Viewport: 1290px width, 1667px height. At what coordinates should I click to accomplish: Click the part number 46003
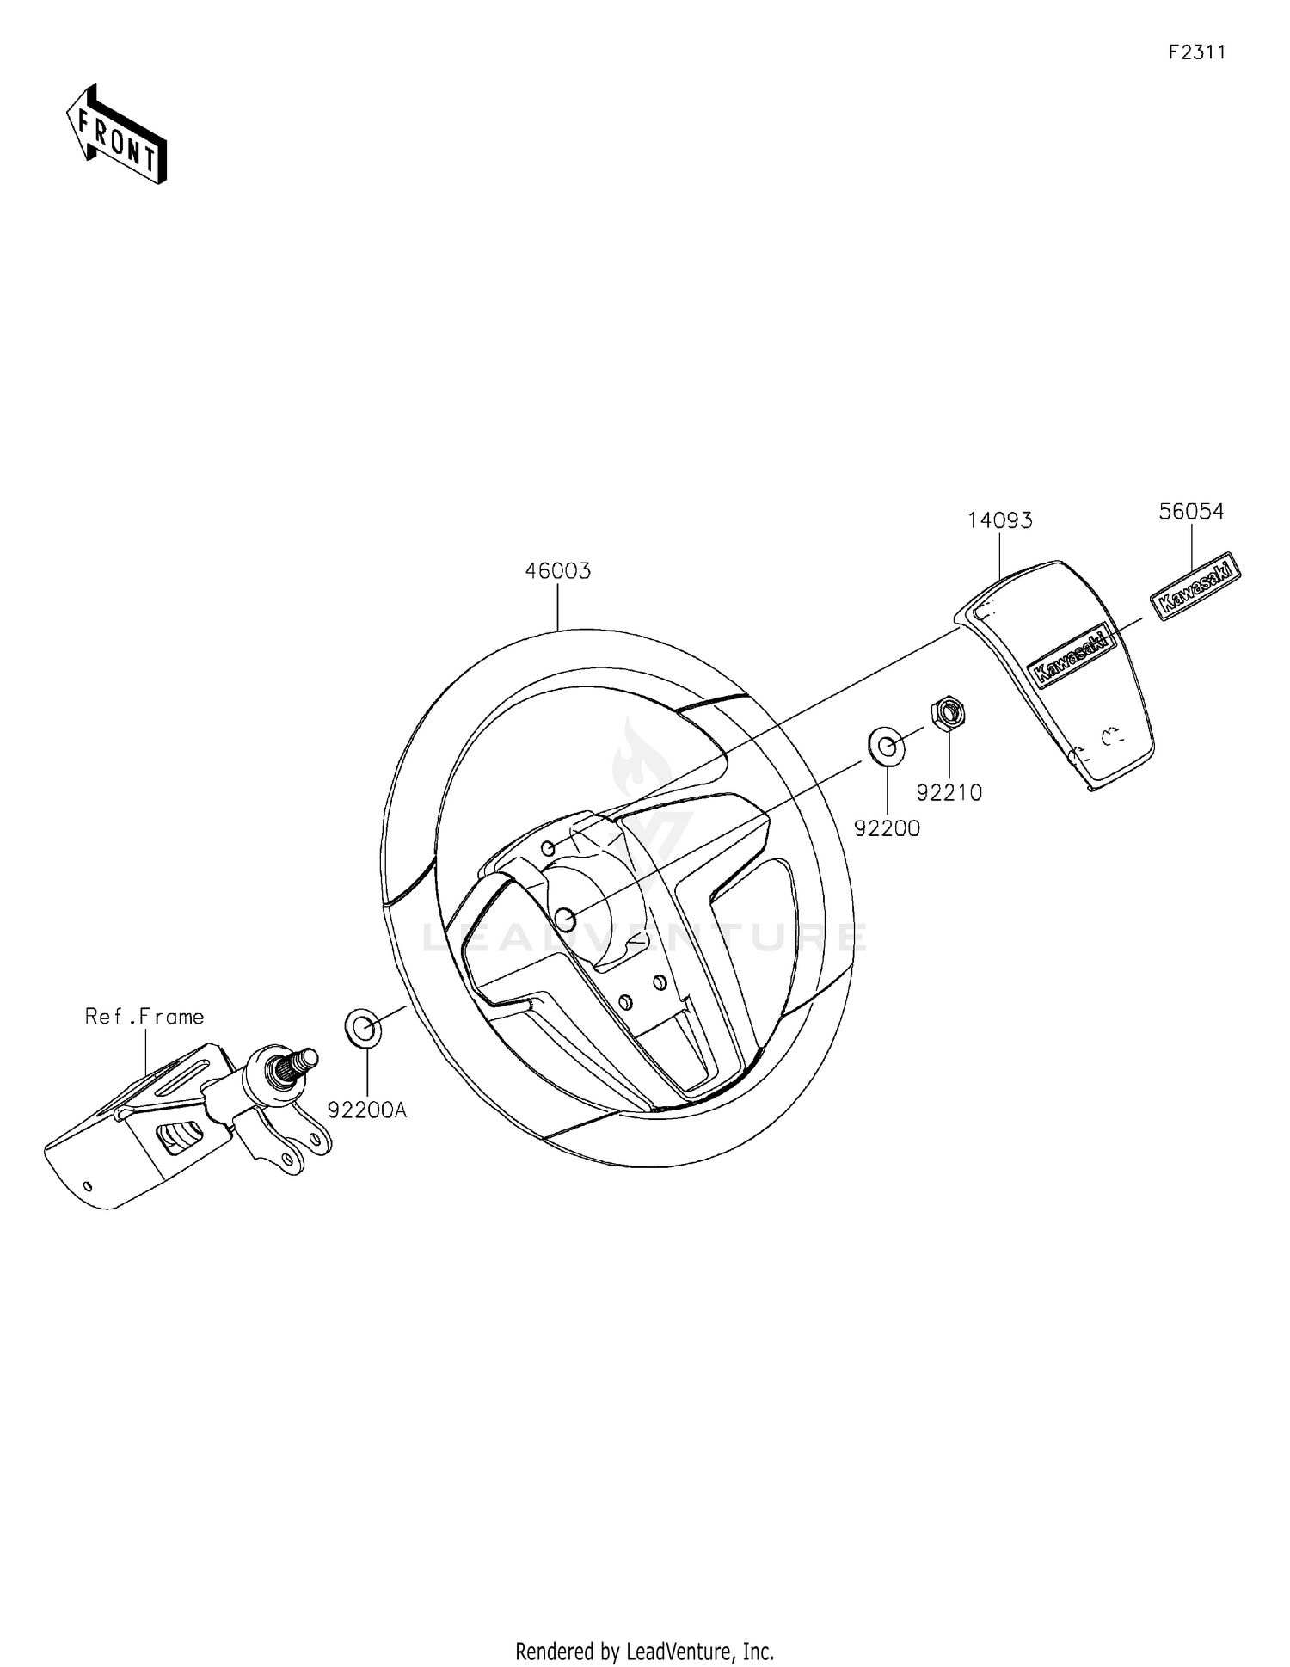[x=558, y=571]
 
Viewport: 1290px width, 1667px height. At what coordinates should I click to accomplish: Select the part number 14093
[x=999, y=520]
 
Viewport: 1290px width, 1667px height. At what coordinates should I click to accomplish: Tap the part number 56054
[x=1190, y=511]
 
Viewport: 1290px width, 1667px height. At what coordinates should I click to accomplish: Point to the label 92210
[x=949, y=792]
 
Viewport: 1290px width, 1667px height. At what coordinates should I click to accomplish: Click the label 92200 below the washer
[x=887, y=828]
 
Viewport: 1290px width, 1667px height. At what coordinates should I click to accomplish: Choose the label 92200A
[x=367, y=1110]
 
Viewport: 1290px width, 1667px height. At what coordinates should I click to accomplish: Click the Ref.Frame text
[x=144, y=1017]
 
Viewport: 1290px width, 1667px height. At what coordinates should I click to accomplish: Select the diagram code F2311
[x=1196, y=52]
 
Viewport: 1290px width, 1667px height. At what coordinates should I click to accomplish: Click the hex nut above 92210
[x=948, y=713]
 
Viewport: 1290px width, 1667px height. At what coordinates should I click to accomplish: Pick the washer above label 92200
[x=887, y=746]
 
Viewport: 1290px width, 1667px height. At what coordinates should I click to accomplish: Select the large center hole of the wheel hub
[x=565, y=920]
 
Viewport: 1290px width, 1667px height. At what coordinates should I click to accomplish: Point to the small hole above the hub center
[x=547, y=849]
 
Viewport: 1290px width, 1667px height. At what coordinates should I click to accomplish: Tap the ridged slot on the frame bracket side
[x=181, y=1137]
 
